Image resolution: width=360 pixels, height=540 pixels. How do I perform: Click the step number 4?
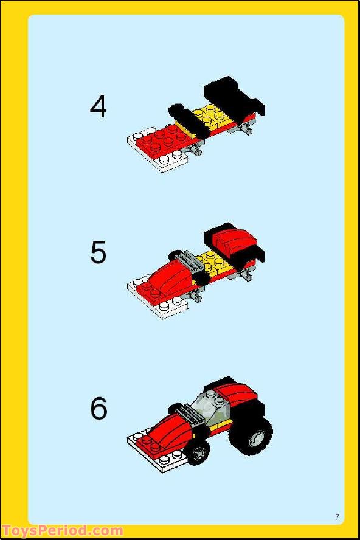click(98, 107)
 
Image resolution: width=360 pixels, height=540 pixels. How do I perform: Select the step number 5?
click(98, 252)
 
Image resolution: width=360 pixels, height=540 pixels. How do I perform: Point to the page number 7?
click(337, 517)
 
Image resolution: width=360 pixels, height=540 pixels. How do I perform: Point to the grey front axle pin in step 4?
click(196, 151)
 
